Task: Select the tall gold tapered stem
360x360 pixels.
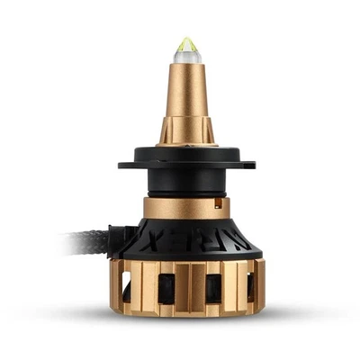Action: pos(186,99)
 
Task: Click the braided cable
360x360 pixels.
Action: pos(85,241)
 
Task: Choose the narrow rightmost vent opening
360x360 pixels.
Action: pos(249,286)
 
